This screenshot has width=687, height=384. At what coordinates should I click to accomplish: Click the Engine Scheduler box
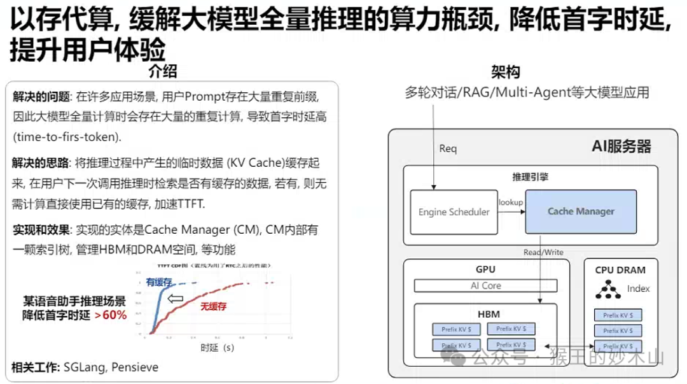pos(454,211)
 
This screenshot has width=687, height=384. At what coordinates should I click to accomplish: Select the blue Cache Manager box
pos(581,211)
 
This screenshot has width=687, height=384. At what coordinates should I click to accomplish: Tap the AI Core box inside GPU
pos(485,285)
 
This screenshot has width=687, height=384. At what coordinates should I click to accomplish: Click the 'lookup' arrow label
pos(510,202)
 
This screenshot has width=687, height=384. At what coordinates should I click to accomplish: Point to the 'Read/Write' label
pos(543,252)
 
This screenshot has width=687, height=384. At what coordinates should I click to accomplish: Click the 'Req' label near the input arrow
pos(448,148)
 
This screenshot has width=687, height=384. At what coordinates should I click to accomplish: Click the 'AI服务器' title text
pos(621,146)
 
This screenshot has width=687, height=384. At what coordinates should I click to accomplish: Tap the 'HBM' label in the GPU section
pos(485,314)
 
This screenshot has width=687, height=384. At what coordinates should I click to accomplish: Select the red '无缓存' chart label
pos(214,306)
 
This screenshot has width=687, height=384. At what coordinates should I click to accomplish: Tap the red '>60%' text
pos(111,315)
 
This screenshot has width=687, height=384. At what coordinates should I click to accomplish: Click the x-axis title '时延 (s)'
pos(216,348)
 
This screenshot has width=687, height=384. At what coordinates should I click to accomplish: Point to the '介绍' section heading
pos(162,71)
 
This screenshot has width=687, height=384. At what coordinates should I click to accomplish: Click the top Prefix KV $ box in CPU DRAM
pos(617,315)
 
